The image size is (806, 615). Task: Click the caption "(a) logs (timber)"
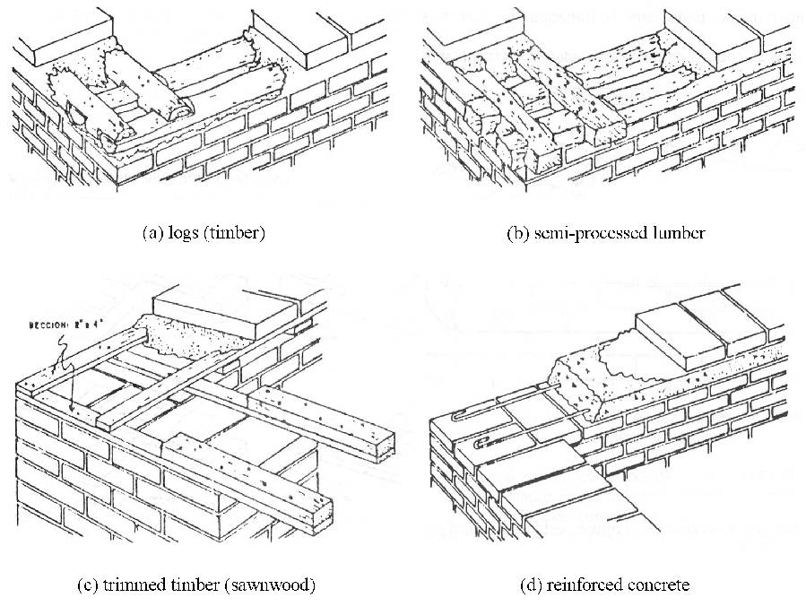coord(204,232)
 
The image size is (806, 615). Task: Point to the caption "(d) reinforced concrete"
coord(604,585)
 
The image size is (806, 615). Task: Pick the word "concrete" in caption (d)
coord(658,585)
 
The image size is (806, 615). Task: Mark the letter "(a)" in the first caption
coord(152,232)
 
